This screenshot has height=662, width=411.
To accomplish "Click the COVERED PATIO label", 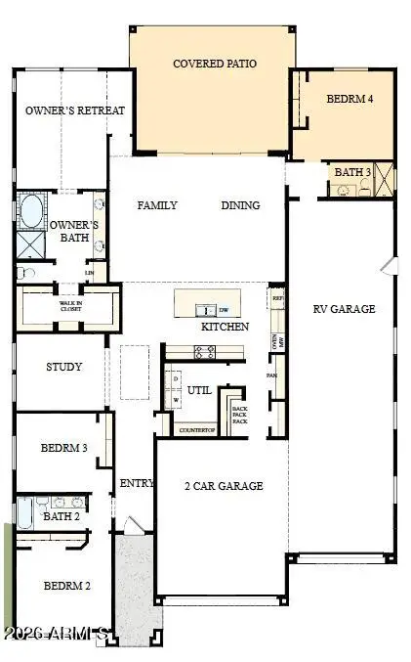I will click(215, 64).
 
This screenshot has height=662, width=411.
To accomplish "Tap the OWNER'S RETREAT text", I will click(75, 110).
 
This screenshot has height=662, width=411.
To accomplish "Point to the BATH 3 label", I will click(352, 172).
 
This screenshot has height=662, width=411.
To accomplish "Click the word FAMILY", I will click(157, 205).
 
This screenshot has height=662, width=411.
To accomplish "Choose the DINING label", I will click(240, 205).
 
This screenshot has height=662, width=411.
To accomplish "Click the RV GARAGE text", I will click(344, 309).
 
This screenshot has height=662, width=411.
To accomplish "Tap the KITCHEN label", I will click(225, 327).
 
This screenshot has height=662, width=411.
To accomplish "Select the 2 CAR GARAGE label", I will click(223, 486).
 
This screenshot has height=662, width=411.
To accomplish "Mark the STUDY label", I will click(63, 368).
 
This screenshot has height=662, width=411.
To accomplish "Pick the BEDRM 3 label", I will click(64, 448).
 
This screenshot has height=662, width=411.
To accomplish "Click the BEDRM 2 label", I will click(66, 586).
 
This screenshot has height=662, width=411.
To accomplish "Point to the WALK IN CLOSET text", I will click(70, 305).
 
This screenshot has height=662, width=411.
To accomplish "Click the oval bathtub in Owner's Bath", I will click(30, 210).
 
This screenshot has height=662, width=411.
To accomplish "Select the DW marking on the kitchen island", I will click(223, 309).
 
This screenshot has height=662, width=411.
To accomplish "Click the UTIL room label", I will click(199, 390).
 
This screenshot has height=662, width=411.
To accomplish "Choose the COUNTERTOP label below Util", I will click(196, 429).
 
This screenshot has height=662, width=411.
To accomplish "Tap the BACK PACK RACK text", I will click(239, 415).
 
